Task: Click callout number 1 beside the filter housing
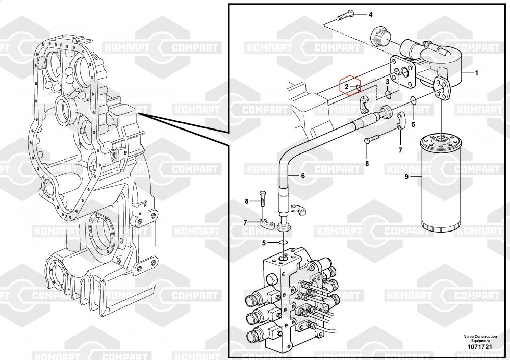pos(476,73)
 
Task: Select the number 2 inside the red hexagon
pos(346,87)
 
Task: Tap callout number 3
pos(388,81)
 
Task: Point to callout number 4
pos(370,14)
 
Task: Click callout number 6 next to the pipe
pos(302,176)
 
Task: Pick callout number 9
pos(406,177)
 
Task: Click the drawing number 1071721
pos(479,347)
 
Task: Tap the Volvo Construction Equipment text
pos(479,338)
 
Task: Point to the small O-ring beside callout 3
pos(388,94)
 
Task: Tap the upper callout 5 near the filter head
pos(413,124)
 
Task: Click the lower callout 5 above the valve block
pos(264,242)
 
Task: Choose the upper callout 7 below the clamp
pos(400,150)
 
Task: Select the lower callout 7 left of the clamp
pos(246,222)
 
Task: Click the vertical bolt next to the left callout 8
pos(262,201)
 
